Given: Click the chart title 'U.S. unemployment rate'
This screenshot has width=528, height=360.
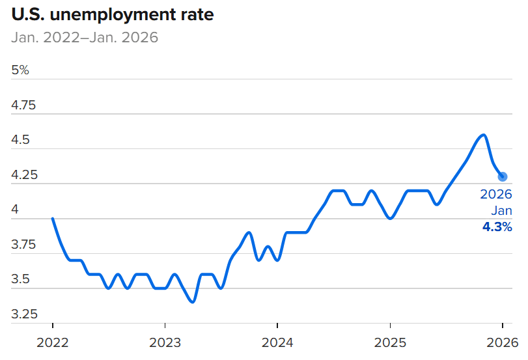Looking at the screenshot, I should [112, 14].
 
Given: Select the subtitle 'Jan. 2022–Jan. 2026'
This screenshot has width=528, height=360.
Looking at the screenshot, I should [85, 37].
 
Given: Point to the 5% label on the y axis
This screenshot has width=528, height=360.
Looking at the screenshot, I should [20, 70].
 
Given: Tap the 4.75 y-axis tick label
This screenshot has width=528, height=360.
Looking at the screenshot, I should [24, 105].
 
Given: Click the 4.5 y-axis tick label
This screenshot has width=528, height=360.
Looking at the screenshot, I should [21, 140].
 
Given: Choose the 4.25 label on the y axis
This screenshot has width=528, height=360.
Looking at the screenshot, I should [24, 175].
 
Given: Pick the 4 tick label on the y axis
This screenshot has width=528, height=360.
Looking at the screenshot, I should [15, 210].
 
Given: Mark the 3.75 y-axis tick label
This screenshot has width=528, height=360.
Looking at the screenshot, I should [24, 245].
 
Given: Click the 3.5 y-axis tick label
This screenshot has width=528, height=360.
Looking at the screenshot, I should [21, 280].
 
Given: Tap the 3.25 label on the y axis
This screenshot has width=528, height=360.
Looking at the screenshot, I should [24, 314].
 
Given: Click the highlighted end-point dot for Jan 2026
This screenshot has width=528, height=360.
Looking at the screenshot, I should [503, 176].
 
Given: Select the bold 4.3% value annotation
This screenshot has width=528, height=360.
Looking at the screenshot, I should [497, 227].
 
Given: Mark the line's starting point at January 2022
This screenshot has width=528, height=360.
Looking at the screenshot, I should [52, 218].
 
